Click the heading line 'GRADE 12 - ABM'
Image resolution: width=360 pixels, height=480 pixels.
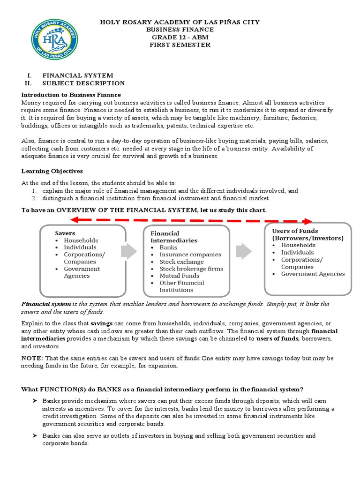pos(180,37)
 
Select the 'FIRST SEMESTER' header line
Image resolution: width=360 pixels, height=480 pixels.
pos(180,45)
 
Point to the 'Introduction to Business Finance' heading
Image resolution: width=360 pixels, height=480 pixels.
pos(71,95)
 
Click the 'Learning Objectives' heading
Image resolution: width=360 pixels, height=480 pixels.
pos(52,171)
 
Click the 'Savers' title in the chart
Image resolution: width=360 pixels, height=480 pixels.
pos(65,233)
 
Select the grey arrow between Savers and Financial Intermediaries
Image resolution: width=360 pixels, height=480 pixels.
pos(128,252)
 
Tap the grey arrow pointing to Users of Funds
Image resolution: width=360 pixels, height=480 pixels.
pos(243,252)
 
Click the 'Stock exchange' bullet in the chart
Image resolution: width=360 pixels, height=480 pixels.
pos(181,262)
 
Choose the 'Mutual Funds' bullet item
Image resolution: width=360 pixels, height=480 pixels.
pos(179,276)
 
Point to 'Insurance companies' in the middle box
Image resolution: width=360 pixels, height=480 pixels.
pos(190,255)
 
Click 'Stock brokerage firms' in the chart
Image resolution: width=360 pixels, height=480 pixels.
pos(191,269)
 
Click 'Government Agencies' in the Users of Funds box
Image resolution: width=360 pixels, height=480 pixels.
pos(313,274)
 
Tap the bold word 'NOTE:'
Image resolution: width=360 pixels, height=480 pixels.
pos(32,358)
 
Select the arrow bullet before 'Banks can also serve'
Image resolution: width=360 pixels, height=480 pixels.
pos(34,436)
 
